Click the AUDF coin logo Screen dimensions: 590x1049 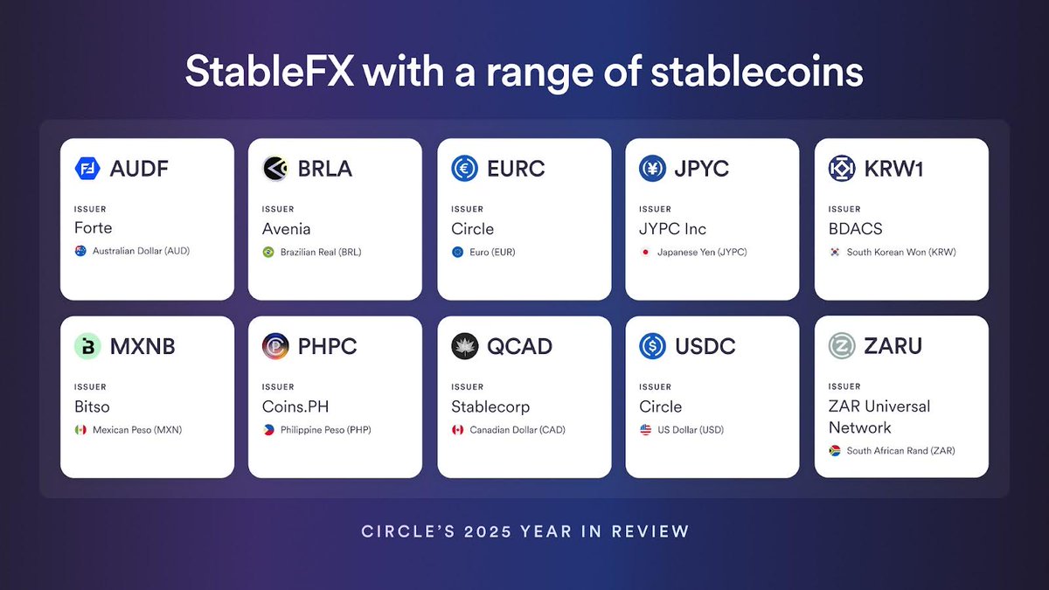[x=88, y=169]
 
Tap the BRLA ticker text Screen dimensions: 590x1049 [x=325, y=169]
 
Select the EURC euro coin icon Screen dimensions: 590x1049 [x=465, y=169]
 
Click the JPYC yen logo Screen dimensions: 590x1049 [x=653, y=169]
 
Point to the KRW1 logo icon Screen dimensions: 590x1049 [x=842, y=169]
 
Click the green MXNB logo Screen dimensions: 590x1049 [x=88, y=346]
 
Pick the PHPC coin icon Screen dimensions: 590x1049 [x=276, y=346]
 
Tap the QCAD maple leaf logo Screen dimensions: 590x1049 [x=465, y=346]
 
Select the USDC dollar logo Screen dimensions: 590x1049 [x=653, y=346]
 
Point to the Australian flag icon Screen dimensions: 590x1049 [x=80, y=252]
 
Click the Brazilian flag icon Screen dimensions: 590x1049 [x=268, y=253]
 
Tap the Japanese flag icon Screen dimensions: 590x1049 [x=645, y=253]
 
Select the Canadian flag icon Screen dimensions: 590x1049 [x=457, y=430]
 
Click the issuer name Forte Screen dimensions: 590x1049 [x=94, y=229]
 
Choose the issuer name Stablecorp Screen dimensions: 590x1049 [x=490, y=406]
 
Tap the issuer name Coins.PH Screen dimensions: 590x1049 [x=295, y=406]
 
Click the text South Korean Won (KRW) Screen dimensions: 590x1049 [x=901, y=253]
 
